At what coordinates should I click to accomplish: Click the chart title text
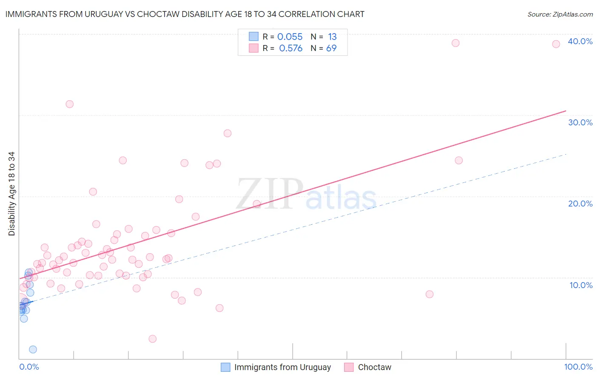[185, 14]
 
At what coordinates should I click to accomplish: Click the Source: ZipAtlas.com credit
[560, 14]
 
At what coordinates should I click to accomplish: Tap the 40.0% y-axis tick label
[580, 41]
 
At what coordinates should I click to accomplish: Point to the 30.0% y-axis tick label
[580, 122]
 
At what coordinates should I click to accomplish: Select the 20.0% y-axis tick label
[580, 204]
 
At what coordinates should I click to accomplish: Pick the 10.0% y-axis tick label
[581, 285]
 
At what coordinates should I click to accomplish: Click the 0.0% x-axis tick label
[29, 367]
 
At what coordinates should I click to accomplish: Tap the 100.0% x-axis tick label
[578, 367]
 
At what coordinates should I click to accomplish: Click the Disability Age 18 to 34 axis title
[11, 194]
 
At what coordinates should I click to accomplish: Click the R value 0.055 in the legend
[290, 37]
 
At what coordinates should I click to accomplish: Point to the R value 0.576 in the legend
[290, 48]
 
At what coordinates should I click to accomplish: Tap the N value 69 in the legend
[331, 48]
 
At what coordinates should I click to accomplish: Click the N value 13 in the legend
[332, 37]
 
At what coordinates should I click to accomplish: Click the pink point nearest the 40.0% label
[556, 44]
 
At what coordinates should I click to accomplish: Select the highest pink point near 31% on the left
[70, 104]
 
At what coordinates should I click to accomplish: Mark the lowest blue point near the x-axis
[33, 350]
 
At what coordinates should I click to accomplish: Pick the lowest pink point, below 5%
[152, 339]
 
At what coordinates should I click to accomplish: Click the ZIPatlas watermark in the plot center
[306, 194]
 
